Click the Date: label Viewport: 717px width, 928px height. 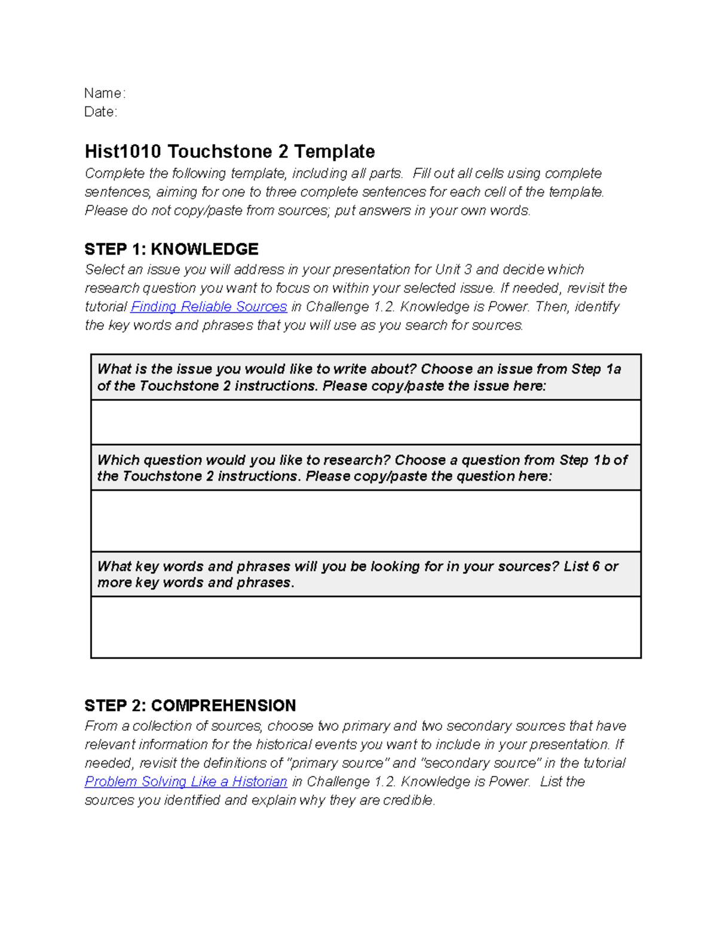[x=100, y=112]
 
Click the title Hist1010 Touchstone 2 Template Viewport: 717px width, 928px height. [x=229, y=152]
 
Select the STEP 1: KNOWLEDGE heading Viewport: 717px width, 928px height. [x=171, y=249]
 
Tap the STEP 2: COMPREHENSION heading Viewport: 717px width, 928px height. [x=190, y=706]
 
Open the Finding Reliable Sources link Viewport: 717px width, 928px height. [x=209, y=307]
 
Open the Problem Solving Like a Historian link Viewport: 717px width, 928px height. [x=186, y=782]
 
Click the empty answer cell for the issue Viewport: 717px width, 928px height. [x=366, y=422]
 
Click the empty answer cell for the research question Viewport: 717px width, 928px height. [x=366, y=520]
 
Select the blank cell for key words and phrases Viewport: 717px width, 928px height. [x=366, y=627]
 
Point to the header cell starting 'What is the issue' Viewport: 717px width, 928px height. [x=366, y=377]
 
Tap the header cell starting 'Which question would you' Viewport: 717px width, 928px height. [x=366, y=468]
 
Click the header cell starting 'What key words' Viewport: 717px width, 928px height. [x=366, y=574]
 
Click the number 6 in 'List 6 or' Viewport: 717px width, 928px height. [x=595, y=566]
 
